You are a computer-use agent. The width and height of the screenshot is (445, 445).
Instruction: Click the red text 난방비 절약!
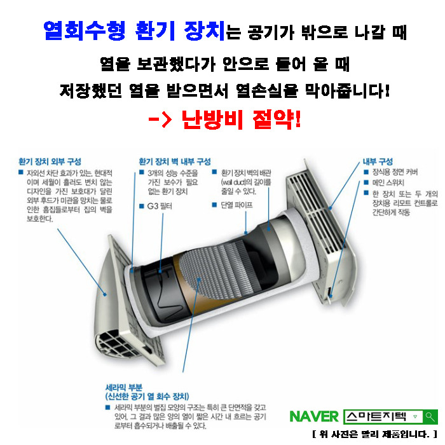(x=241, y=120)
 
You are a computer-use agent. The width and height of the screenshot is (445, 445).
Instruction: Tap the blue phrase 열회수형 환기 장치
(x=134, y=31)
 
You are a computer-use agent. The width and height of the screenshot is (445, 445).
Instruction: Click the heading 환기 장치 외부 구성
(x=50, y=161)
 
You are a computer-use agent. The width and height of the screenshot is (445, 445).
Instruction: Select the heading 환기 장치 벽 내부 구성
(x=175, y=161)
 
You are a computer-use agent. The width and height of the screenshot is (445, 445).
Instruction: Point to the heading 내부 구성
(x=378, y=161)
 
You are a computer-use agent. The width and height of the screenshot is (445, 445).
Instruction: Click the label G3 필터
(x=160, y=206)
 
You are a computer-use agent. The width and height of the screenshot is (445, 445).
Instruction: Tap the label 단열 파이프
(x=236, y=205)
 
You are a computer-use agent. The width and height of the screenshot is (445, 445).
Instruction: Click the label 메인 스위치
(x=388, y=182)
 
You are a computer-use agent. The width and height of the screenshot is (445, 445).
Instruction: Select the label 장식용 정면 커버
(x=395, y=172)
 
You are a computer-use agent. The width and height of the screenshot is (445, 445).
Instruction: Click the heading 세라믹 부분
(x=124, y=388)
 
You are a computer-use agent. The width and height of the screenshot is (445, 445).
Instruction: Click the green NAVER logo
(x=314, y=416)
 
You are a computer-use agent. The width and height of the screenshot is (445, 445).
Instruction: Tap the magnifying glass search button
(x=430, y=417)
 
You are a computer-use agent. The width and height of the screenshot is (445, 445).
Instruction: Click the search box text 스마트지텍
(x=376, y=416)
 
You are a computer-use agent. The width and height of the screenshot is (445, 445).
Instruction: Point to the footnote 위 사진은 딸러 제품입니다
(x=375, y=434)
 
